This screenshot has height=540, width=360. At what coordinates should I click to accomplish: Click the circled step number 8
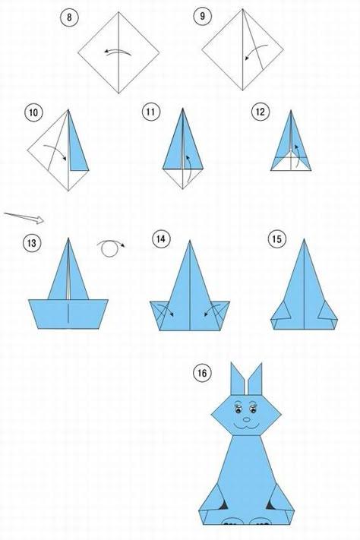point(69,17)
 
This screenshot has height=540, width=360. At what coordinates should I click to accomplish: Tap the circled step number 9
point(202,16)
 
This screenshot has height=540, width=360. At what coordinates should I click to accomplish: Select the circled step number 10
point(33,112)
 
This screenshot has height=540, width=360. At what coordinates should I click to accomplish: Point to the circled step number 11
point(150,112)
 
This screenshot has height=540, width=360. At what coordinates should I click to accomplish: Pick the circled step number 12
point(261,112)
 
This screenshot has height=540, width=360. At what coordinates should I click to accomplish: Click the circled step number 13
point(31,243)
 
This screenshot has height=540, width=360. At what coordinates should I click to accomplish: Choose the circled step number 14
point(161,238)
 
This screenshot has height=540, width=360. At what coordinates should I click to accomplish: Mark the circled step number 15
point(276,238)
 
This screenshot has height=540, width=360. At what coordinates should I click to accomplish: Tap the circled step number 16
point(202,373)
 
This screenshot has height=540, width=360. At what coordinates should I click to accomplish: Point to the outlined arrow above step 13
point(24,218)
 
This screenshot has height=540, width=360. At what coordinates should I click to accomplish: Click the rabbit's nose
point(247,420)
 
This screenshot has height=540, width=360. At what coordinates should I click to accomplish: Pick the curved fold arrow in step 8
point(118,52)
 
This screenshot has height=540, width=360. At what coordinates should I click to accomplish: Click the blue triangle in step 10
point(77,144)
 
